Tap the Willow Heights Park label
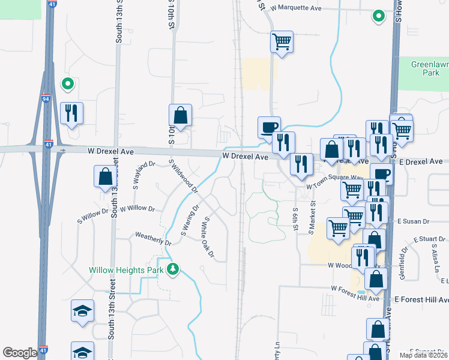(x=126, y=270)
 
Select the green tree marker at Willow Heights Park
(x=173, y=269)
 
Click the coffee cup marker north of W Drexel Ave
(x=269, y=127)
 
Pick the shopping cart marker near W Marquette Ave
(x=282, y=42)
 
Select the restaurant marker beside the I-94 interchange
(x=72, y=113)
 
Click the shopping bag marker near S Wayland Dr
(x=105, y=176)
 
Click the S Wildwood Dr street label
(x=183, y=176)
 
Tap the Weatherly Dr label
(x=153, y=238)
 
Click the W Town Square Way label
(x=334, y=187)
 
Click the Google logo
(x=20, y=352)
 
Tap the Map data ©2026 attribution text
(x=423, y=355)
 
